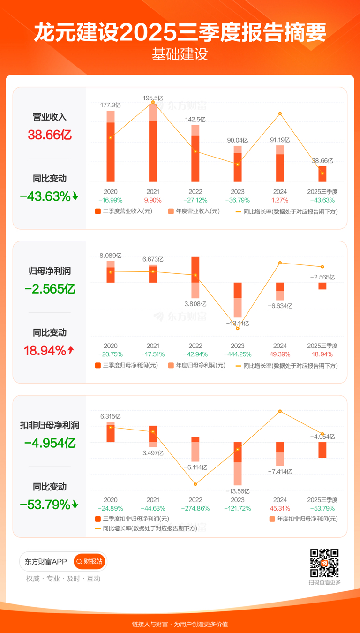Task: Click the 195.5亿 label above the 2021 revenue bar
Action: coord(153,98)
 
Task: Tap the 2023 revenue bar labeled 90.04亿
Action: coord(238,164)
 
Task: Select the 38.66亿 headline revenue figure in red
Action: coord(50,135)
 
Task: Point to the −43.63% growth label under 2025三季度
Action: coord(322,200)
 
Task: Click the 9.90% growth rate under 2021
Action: coord(153,200)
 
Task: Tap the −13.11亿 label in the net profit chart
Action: coord(238,324)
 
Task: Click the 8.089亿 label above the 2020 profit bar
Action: coord(111,256)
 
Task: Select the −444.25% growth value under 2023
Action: coord(238,354)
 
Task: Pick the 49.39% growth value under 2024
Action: coord(280,354)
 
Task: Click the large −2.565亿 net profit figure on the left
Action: coord(50,289)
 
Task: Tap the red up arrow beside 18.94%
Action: coord(71,350)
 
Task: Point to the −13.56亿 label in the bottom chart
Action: coord(238,491)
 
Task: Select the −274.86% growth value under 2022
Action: coord(195,508)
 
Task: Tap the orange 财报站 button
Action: coord(89,561)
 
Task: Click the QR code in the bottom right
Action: coord(324,563)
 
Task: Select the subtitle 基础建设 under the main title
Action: coord(180,54)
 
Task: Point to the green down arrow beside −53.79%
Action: coord(75,505)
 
